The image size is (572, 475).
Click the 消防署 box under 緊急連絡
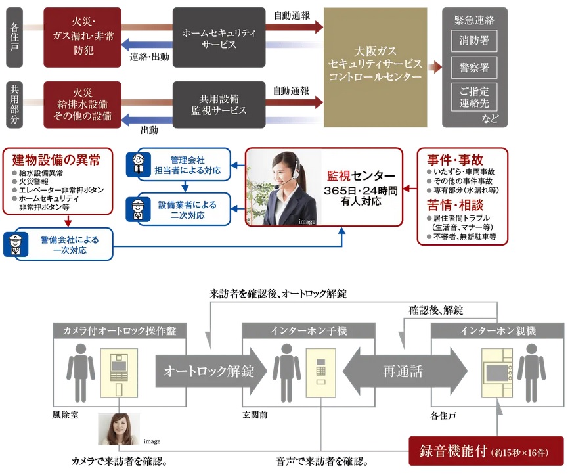[x=474, y=41]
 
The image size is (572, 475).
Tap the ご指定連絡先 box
[x=474, y=97]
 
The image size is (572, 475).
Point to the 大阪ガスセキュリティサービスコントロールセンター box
[x=375, y=68]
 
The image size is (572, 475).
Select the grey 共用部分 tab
[x=15, y=105]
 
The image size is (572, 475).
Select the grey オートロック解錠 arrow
[x=210, y=371]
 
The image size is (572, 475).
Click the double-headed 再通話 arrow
[x=403, y=371]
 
